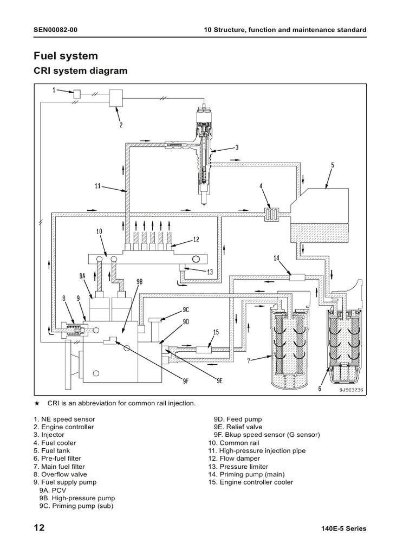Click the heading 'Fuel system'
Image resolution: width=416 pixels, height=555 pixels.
[66, 56]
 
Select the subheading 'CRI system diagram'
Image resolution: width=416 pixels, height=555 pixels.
[81, 71]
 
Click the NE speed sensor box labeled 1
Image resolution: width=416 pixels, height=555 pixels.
[77, 95]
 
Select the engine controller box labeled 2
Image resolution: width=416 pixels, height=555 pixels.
[116, 98]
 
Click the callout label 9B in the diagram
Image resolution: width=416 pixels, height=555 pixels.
[139, 282]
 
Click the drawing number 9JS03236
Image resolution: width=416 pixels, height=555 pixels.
[350, 389]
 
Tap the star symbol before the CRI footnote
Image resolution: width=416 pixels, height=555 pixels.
[37, 404]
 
